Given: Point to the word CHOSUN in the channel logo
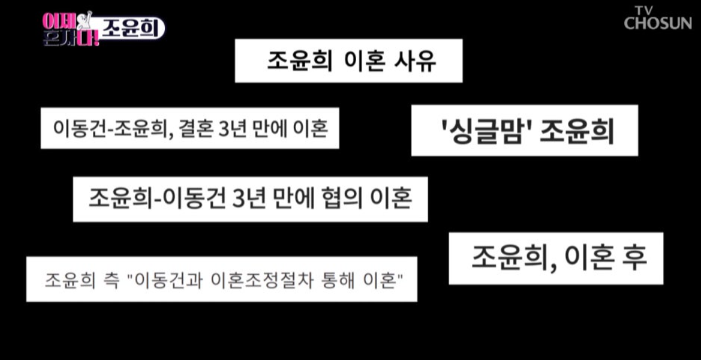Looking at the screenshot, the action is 657,23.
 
